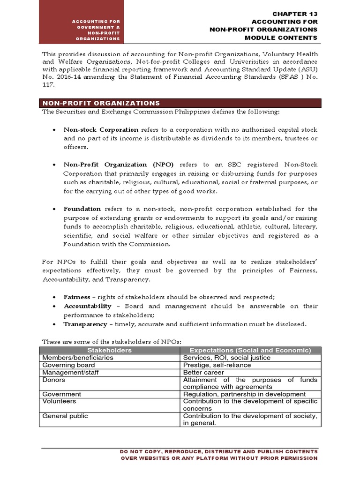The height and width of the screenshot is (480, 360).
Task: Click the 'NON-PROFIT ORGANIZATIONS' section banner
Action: point(101,103)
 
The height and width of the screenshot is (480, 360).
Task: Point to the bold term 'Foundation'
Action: point(82,209)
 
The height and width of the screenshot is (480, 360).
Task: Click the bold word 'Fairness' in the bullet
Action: point(77,297)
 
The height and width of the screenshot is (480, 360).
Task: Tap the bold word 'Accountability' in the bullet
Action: point(88,306)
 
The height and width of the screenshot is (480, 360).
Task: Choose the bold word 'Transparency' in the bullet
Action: point(85,324)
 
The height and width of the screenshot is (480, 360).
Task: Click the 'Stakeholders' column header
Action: point(110,350)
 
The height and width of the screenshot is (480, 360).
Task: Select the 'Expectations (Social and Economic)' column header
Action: point(250,350)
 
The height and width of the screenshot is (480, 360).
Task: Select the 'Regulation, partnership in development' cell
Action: point(244,394)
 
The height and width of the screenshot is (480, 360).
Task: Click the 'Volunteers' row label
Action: point(59,401)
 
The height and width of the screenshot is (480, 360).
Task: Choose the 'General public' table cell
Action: point(65,416)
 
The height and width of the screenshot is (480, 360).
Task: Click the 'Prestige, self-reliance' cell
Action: point(217,365)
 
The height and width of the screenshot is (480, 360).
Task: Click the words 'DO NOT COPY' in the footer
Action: point(140,451)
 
